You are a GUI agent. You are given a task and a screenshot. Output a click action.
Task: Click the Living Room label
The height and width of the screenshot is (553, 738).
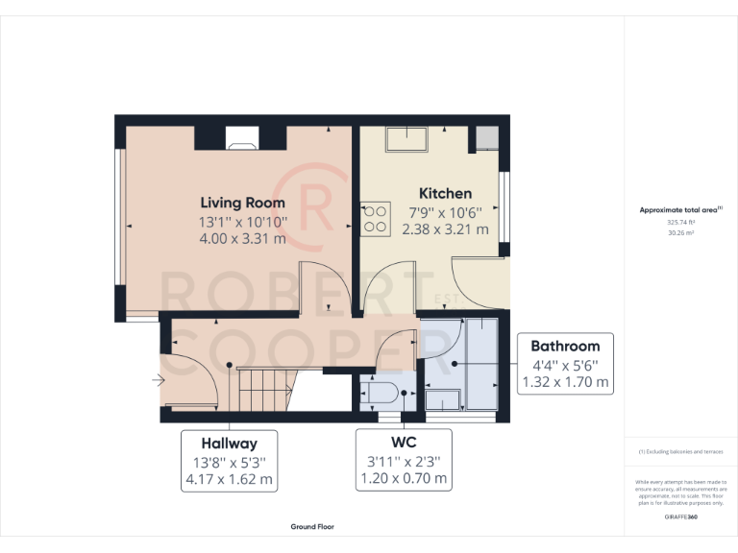tap(242, 203)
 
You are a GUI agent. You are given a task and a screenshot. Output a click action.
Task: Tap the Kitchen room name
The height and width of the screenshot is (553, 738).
tap(445, 194)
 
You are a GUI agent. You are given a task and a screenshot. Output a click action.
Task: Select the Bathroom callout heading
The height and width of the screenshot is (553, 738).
tap(565, 347)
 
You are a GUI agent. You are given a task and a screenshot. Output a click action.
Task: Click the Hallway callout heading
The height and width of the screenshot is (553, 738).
tap(229, 444)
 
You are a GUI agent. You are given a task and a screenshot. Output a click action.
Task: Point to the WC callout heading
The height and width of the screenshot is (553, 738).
tap(404, 444)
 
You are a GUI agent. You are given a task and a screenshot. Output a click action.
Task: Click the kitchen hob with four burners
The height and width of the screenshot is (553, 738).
tap(375, 220)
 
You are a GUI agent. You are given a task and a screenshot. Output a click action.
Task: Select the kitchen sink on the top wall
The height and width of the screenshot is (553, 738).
tap(409, 140)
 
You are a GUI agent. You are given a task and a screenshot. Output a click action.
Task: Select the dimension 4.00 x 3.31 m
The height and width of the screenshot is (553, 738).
tap(242, 239)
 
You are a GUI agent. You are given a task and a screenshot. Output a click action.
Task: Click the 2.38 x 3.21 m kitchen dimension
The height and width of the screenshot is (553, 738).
tap(445, 229)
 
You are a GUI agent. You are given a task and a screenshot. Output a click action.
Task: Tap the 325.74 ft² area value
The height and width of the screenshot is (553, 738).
tap(680, 222)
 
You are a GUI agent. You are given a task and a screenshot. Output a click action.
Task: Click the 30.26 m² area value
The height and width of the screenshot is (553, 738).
tap(680, 231)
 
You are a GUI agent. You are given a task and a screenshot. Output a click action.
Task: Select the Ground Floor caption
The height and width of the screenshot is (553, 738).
tap(312, 527)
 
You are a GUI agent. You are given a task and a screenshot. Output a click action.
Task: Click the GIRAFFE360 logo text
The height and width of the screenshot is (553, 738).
tap(680, 517)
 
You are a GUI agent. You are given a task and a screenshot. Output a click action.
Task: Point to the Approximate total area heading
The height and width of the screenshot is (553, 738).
tap(678, 209)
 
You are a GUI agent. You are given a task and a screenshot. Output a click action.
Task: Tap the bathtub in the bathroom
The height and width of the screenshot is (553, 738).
tap(478, 361)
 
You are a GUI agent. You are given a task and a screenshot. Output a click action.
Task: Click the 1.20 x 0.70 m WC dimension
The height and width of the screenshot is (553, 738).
tap(404, 478)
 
